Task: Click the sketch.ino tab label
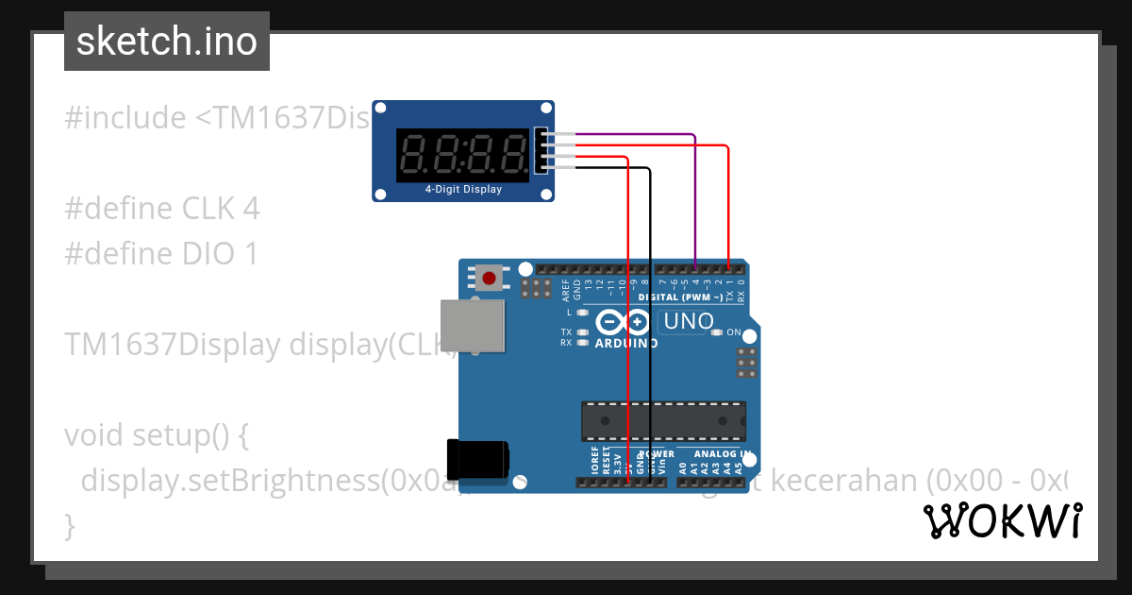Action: click(x=167, y=42)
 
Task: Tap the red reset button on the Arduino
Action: click(x=490, y=278)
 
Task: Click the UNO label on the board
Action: click(x=689, y=322)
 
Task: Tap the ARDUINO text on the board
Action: click(x=626, y=343)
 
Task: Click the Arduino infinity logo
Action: click(x=624, y=323)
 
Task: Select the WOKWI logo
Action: click(x=1003, y=520)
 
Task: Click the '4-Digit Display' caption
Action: click(x=463, y=190)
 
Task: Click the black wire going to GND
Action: click(x=650, y=321)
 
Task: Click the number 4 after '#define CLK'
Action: click(x=250, y=208)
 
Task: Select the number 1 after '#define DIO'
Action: click(x=250, y=253)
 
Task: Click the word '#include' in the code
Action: click(x=125, y=118)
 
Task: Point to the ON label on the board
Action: click(x=734, y=332)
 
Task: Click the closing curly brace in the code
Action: click(x=69, y=524)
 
